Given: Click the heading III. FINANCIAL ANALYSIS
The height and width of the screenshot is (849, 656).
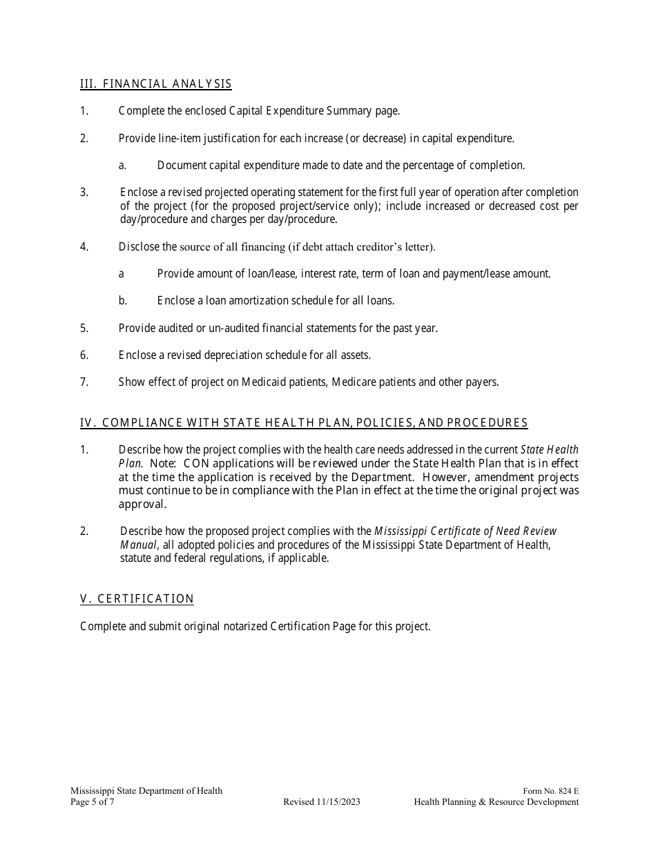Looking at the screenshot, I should (x=155, y=84).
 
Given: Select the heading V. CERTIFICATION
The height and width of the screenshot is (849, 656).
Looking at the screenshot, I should (x=137, y=599).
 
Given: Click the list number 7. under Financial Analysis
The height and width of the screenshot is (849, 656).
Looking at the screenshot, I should (x=84, y=382).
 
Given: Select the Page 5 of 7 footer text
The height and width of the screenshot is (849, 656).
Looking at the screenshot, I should (x=93, y=802).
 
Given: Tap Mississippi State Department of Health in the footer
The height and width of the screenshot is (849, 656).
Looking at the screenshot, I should (x=146, y=791).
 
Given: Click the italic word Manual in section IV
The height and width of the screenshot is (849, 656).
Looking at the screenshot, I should (x=138, y=545).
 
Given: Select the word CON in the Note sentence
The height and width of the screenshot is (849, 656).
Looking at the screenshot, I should (x=197, y=464).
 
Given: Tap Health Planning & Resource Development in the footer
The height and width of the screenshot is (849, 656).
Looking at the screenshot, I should (x=496, y=802).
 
